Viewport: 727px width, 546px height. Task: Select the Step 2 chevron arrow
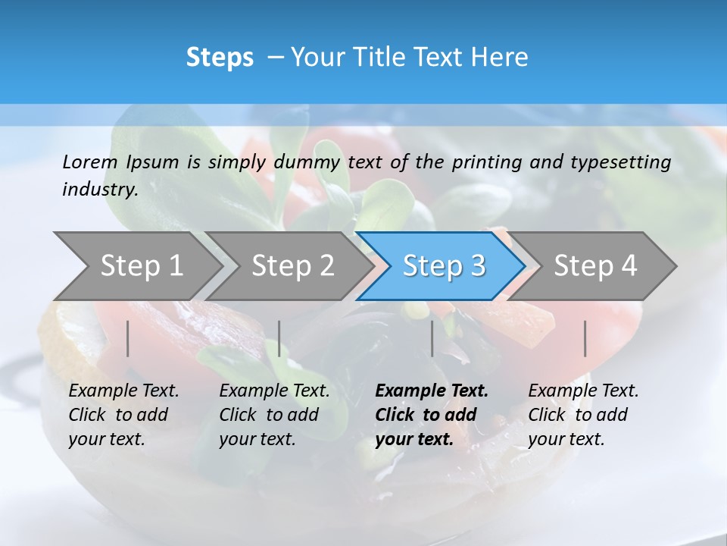tap(292, 265)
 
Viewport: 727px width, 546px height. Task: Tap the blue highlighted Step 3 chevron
tap(444, 265)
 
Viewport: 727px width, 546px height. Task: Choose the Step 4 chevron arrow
tap(595, 265)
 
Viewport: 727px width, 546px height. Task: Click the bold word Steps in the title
tap(220, 57)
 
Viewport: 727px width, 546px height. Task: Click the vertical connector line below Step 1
tap(128, 338)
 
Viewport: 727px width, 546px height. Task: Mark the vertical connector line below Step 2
tap(279, 338)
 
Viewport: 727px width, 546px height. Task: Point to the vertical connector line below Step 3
tap(432, 338)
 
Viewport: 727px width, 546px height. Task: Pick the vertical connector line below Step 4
tap(585, 338)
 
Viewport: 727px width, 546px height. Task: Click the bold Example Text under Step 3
tap(432, 391)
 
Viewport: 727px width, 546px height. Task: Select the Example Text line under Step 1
tap(123, 391)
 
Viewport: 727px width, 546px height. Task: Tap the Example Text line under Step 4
tap(583, 391)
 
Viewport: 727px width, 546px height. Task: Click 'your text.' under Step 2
tap(257, 439)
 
